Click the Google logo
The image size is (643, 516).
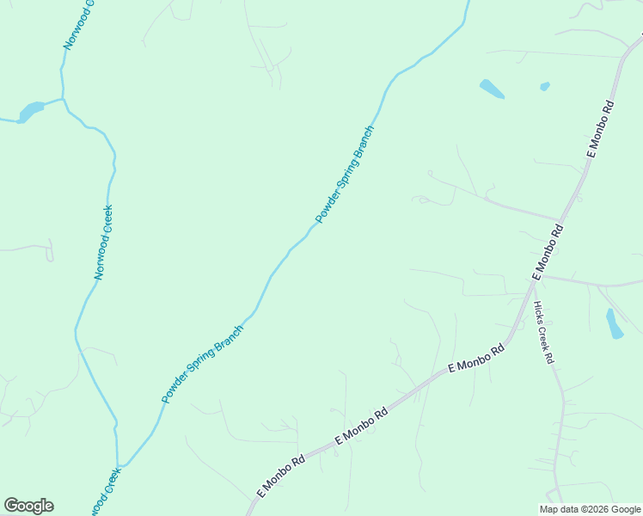point(28,506)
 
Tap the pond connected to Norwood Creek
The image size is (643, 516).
point(30,112)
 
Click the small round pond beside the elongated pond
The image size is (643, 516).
point(544,86)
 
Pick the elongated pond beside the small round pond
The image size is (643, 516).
point(492,89)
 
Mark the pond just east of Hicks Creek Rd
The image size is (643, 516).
point(615,323)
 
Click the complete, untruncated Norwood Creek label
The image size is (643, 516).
point(104,242)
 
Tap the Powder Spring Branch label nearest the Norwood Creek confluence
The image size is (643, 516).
point(203,364)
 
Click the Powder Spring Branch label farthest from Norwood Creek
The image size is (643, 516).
point(346,175)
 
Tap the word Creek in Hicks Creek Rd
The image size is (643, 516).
point(543,334)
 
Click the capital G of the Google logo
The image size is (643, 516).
point(12,506)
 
